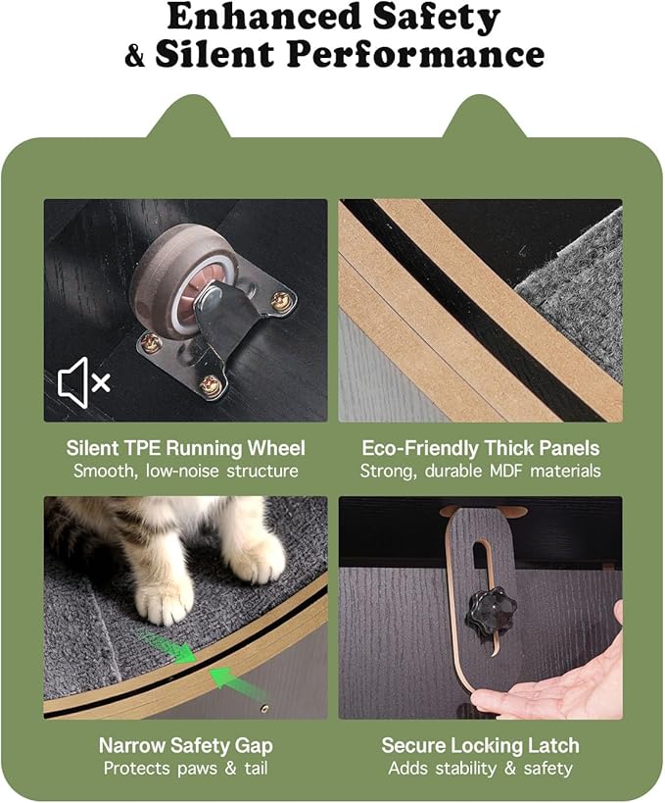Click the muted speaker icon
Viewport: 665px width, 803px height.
point(83,381)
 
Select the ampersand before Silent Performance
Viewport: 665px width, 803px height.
point(134,55)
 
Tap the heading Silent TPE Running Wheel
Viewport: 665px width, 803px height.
point(185,448)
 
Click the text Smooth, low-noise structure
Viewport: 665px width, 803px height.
point(185,471)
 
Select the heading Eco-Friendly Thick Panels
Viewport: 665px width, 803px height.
point(480,448)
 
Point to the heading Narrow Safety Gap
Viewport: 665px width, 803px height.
point(185,745)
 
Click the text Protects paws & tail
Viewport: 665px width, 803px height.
point(185,768)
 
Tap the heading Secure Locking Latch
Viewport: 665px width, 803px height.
point(480,745)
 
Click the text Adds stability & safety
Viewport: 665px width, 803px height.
point(480,768)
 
